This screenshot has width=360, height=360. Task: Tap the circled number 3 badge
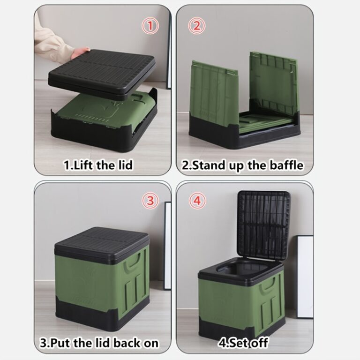pyautogui.click(x=150, y=201)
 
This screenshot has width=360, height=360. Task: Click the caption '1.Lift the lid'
pyautogui.click(x=98, y=165)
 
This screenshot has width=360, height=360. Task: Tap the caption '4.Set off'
pyautogui.click(x=243, y=343)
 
